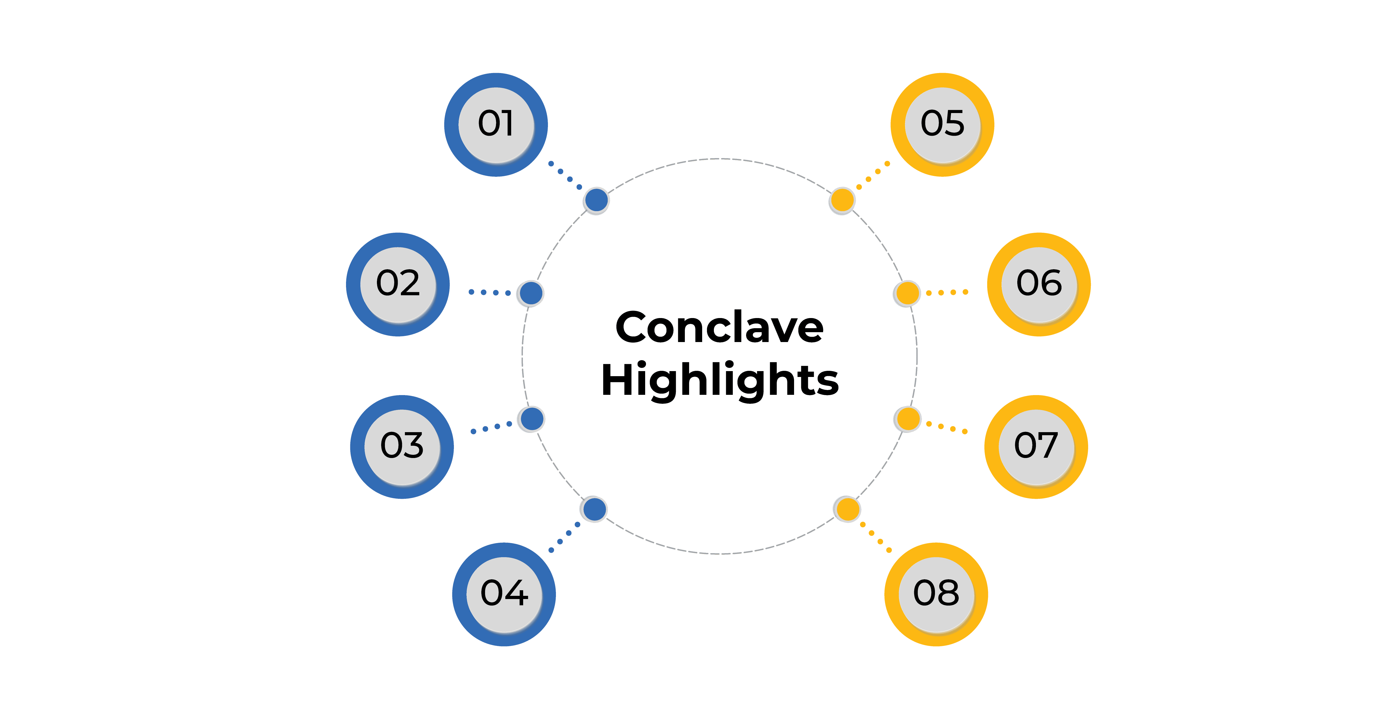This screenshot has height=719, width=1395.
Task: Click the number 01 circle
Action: coord(495,124)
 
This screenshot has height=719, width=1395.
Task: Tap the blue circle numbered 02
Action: coord(398,284)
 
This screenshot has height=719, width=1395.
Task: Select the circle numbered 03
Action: coord(402,447)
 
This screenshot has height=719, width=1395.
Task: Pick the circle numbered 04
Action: coord(504,594)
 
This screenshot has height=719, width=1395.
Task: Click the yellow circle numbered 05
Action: coord(942,124)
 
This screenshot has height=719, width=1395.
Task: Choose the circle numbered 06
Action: coord(1039,284)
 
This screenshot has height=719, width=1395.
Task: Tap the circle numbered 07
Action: coord(1035,447)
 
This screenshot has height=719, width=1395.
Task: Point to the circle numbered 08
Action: coord(936,594)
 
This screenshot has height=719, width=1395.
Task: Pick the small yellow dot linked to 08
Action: coord(848,509)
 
